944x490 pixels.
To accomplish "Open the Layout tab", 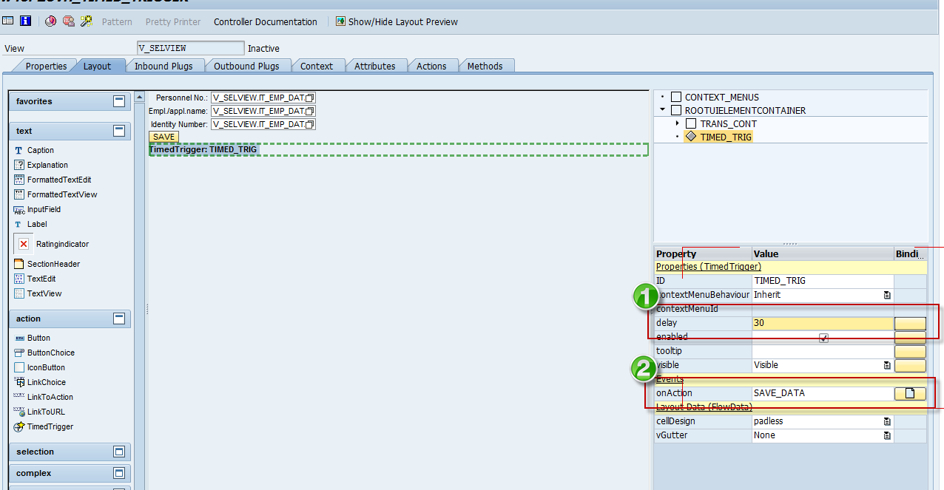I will coord(97,67).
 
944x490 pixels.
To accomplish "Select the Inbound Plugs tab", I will coord(163,67).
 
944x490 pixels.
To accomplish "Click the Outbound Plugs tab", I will coord(246,67).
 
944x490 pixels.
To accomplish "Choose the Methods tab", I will coord(485,67).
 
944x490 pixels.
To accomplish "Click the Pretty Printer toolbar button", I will coord(173,22).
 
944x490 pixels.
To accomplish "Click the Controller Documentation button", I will coord(266,22).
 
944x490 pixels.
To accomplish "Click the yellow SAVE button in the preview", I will coord(163,137).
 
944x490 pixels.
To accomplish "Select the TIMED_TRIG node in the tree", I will coord(726,137).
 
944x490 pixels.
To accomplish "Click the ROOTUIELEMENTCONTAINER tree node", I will coord(745,110).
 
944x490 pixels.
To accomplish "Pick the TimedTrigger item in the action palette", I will coord(50,426).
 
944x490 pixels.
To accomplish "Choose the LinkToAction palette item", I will coord(50,397).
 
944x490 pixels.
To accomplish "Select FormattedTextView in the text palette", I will coord(62,194).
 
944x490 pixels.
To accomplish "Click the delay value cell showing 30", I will coord(821,323).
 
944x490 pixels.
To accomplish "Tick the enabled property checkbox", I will coord(823,338).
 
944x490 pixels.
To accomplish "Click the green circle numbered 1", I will coord(645,297).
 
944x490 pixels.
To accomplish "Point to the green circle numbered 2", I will coord(644,369).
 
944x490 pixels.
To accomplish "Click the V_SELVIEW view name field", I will coord(190,48).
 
